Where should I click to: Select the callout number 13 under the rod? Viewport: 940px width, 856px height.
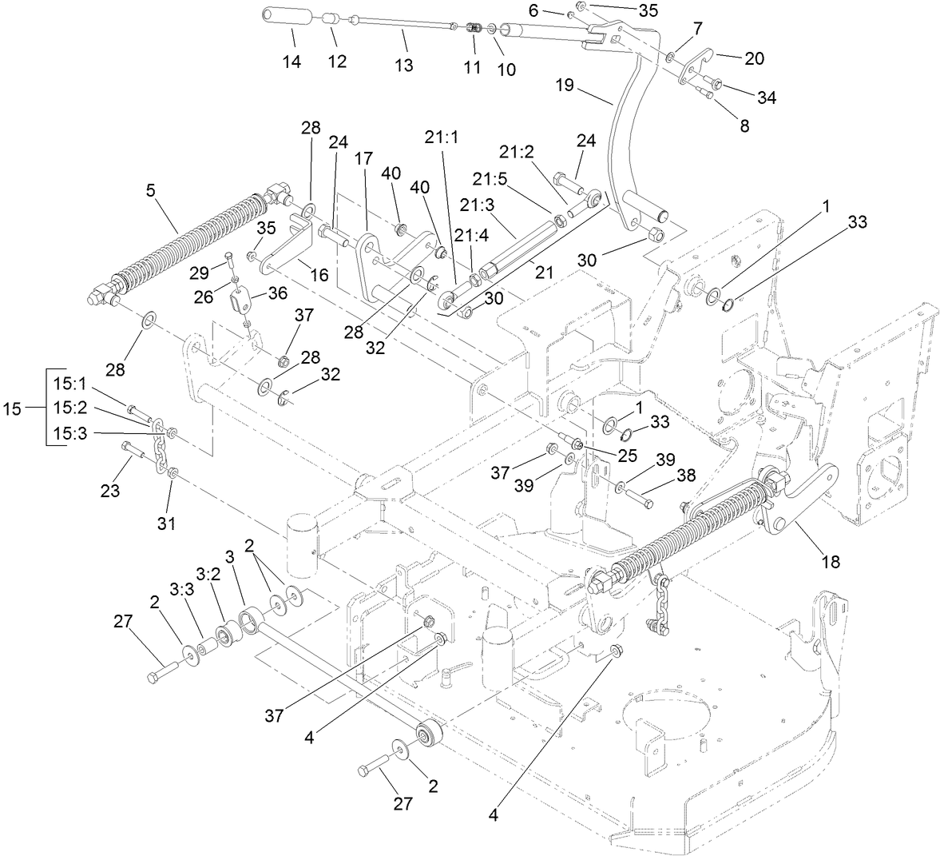click(404, 65)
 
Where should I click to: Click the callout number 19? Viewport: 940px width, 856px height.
click(565, 85)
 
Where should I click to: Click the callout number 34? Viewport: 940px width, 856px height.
click(767, 98)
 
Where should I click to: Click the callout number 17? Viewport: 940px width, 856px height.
click(364, 159)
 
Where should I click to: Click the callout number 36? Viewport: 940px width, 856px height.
click(277, 293)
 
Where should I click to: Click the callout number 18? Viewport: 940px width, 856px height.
click(831, 562)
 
